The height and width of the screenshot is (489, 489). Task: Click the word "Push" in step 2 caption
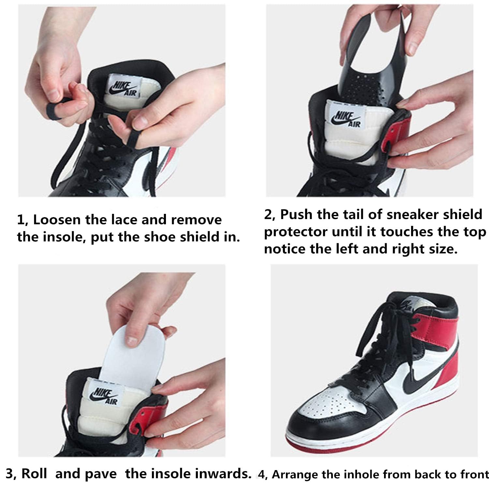pos(296,215)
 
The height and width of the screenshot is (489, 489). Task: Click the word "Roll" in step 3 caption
pos(34,474)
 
